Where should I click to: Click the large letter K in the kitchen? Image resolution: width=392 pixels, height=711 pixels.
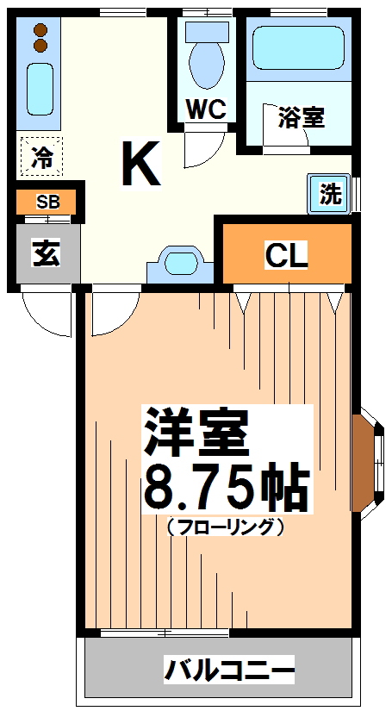point(141,163)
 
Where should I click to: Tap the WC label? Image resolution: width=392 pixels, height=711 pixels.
point(206,110)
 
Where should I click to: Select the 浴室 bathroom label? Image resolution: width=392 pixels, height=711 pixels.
point(302,117)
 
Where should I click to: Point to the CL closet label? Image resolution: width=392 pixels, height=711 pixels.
point(286,255)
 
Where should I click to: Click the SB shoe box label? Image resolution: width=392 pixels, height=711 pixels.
point(48,203)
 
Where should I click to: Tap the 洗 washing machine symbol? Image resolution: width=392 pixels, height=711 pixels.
point(331,194)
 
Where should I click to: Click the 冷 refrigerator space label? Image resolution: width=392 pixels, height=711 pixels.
point(40,157)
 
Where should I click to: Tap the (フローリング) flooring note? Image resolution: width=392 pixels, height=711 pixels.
point(226,526)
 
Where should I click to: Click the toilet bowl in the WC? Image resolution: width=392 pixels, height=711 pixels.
point(206,64)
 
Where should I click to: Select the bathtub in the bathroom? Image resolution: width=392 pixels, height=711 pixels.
point(298,50)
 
